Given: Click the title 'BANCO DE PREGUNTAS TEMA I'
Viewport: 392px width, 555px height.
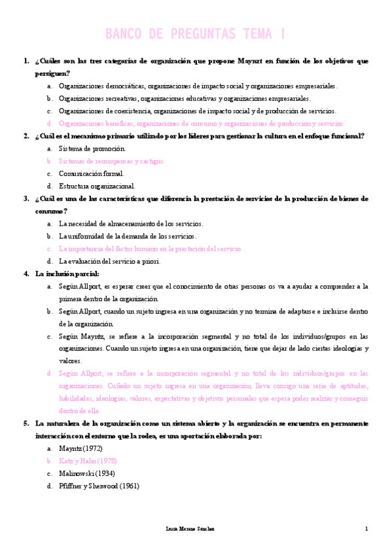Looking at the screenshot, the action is pyautogui.click(x=196, y=33).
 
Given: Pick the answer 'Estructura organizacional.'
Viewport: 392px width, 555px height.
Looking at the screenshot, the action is pyautogui.click(x=97, y=186).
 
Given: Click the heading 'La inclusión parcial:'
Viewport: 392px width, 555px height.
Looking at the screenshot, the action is pyautogui.click(x=67, y=274).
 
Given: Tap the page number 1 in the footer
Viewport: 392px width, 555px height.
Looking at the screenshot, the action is pyautogui.click(x=366, y=529).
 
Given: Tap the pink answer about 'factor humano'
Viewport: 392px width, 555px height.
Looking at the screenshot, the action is pyautogui.click(x=151, y=249).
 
